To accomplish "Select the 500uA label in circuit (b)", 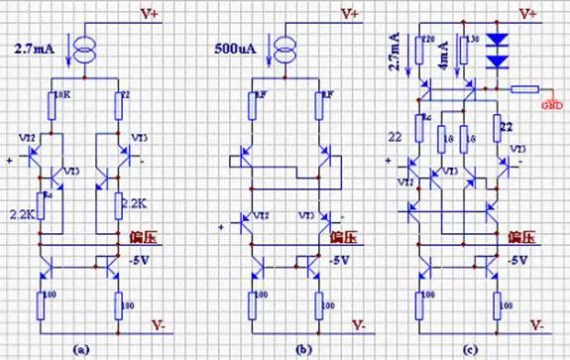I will tap(238, 47).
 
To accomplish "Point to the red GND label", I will tap(551, 103).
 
